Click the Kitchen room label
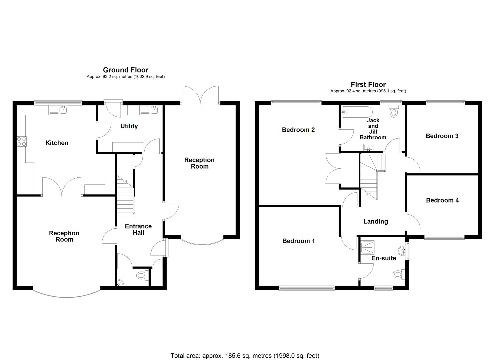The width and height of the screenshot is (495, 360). point(57,143)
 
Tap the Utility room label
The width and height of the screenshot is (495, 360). point(129,126)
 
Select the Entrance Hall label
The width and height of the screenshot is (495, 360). point(138,229)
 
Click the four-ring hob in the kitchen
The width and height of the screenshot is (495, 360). point(22,141)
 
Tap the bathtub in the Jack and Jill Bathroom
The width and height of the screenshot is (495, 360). point(356,112)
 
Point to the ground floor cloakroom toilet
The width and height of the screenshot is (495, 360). point(142,275)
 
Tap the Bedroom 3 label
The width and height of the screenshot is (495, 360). point(442,136)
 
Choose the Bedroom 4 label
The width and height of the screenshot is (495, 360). point(442,200)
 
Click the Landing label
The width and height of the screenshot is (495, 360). point(376,222)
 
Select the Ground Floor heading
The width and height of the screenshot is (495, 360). point(126,70)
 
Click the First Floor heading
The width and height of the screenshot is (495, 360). point(368,85)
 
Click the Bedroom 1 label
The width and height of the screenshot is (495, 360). point(298,241)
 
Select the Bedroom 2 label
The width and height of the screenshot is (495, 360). point(298,130)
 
